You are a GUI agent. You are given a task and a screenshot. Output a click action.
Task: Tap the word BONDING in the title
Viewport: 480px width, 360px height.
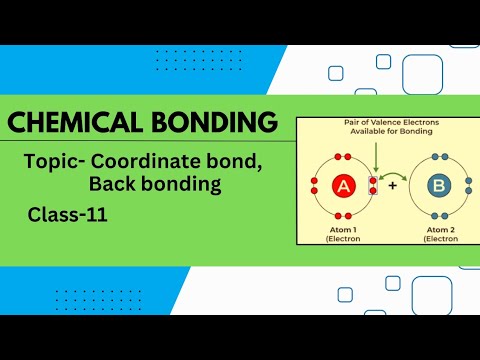(x=211, y=123)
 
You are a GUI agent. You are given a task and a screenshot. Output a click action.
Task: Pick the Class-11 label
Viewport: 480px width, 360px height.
(x=68, y=214)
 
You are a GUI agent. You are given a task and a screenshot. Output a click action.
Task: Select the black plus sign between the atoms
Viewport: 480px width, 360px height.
(x=392, y=187)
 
